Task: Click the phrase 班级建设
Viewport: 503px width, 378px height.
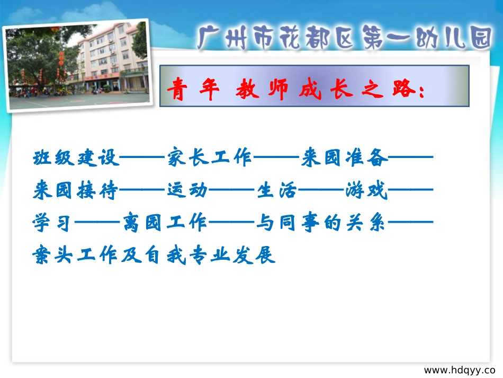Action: click(76, 158)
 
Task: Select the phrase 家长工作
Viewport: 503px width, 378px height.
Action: click(210, 158)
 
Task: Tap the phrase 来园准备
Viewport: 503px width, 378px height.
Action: click(344, 158)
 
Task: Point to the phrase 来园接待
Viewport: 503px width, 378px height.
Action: click(76, 191)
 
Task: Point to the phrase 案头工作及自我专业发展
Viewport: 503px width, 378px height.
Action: click(154, 256)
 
